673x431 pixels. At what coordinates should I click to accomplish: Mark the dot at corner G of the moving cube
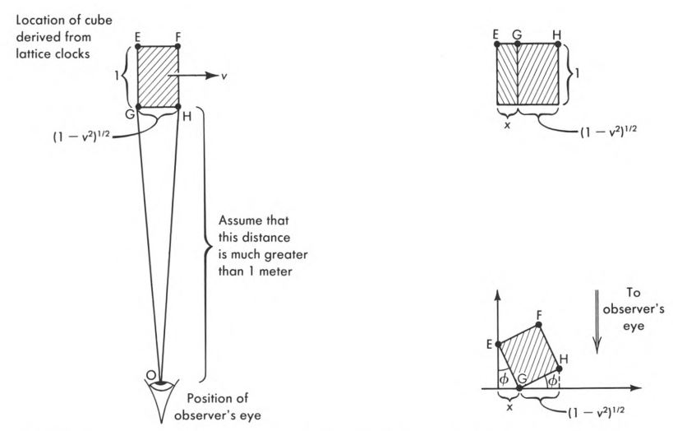click(138, 107)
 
